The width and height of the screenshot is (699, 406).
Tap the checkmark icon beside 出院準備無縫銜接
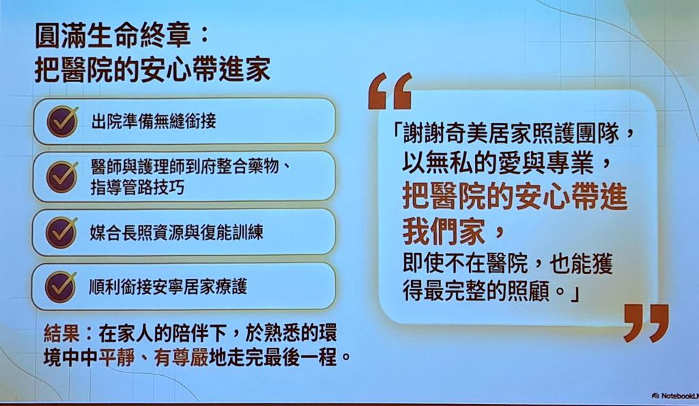click(x=62, y=121)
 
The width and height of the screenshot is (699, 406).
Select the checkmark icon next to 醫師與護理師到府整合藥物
click(x=62, y=176)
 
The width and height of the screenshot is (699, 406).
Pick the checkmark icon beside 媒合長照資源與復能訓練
click(x=61, y=232)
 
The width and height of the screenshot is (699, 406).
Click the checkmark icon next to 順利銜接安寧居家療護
click(x=61, y=287)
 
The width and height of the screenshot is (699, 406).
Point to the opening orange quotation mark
click(x=390, y=91)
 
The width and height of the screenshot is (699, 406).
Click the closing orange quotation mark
click(x=646, y=323)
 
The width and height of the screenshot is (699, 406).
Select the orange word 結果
click(x=61, y=334)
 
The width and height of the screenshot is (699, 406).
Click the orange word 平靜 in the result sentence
click(x=117, y=358)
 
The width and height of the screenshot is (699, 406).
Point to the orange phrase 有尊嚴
click(x=181, y=358)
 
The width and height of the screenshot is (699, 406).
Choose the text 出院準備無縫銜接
click(x=154, y=121)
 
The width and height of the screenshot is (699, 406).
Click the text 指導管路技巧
click(x=137, y=187)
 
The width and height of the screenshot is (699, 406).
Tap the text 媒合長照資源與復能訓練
click(x=177, y=232)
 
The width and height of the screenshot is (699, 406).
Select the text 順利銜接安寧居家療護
click(x=168, y=287)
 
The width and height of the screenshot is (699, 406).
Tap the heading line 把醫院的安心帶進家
click(x=152, y=70)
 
